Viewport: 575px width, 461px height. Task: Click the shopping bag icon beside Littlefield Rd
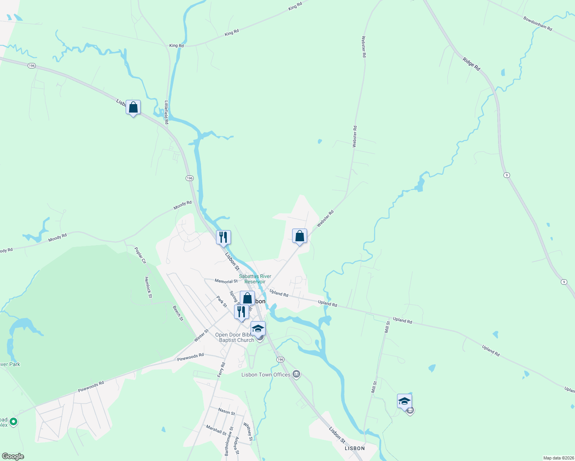(133, 108)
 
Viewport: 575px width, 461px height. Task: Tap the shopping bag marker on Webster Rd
(299, 236)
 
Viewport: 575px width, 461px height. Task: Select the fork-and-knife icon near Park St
(241, 312)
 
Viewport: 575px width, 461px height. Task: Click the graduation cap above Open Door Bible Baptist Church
(258, 329)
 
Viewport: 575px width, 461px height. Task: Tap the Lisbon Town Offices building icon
(296, 374)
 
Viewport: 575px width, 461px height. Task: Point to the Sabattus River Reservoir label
(255, 279)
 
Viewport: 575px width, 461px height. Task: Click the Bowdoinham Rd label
(538, 23)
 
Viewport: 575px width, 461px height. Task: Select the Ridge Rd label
(471, 64)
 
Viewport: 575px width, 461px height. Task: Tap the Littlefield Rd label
(166, 112)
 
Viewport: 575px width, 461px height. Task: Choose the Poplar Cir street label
(140, 255)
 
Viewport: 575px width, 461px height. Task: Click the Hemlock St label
(148, 287)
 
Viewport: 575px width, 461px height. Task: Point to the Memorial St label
(226, 281)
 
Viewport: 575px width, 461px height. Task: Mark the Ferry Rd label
(221, 370)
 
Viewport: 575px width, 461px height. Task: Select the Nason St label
(226, 411)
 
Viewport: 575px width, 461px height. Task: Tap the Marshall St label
(216, 430)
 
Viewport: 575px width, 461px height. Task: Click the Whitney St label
(248, 431)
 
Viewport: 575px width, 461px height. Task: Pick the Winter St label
(201, 335)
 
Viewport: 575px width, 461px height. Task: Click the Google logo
(13, 456)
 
